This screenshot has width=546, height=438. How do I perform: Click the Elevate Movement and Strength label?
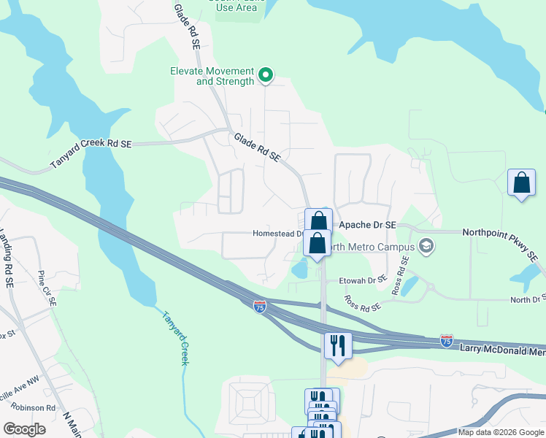[x=212, y=76]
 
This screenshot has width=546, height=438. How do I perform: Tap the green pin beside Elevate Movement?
[x=266, y=74]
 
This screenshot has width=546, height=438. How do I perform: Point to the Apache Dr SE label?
[x=364, y=226]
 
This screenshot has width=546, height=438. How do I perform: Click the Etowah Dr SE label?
[x=362, y=280]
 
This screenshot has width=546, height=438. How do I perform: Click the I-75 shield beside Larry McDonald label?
[x=447, y=341]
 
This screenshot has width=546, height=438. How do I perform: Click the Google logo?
[x=24, y=429]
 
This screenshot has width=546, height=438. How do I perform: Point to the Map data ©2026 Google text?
[x=501, y=432]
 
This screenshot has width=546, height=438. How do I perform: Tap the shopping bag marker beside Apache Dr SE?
[x=318, y=220]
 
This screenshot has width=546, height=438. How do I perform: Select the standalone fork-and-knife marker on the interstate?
[x=337, y=344]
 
